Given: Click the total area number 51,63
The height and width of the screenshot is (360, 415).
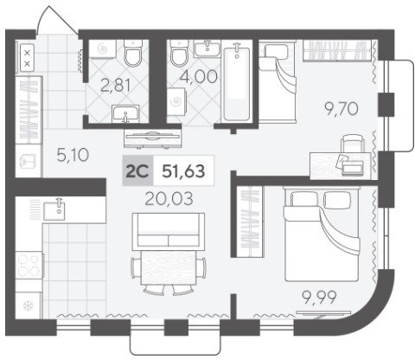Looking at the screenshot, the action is (183, 170).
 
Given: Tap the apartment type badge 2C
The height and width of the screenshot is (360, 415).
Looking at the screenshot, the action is (137, 170).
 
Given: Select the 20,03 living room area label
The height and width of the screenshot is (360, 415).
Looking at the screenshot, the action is (169, 199).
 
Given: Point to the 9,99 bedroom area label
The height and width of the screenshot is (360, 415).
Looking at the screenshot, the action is (318, 298).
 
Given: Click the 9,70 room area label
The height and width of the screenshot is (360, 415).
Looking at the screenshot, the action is (342, 109).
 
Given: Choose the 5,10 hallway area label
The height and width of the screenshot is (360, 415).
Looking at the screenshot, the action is (73, 155).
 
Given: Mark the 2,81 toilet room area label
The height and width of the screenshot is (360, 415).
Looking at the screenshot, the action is (116, 86).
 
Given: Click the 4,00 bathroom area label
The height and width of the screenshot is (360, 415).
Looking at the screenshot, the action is (198, 76).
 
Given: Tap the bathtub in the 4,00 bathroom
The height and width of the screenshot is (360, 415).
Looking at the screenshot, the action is (237, 81).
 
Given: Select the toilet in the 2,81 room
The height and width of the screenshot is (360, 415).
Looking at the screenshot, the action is (133, 53).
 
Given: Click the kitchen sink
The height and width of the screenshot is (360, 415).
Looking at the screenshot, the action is (54, 210).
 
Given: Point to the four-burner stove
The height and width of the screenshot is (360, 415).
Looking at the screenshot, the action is (29, 266).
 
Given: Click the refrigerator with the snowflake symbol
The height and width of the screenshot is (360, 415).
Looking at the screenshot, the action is (28, 305).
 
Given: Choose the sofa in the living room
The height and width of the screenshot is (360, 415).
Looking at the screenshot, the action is (169, 230).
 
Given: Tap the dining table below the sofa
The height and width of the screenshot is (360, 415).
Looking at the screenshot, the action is (169, 268).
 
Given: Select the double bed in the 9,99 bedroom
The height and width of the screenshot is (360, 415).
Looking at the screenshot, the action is (322, 234).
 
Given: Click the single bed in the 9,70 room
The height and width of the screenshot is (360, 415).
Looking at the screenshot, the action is (278, 81).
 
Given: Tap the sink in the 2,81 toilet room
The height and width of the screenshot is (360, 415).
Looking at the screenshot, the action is (125, 113).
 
